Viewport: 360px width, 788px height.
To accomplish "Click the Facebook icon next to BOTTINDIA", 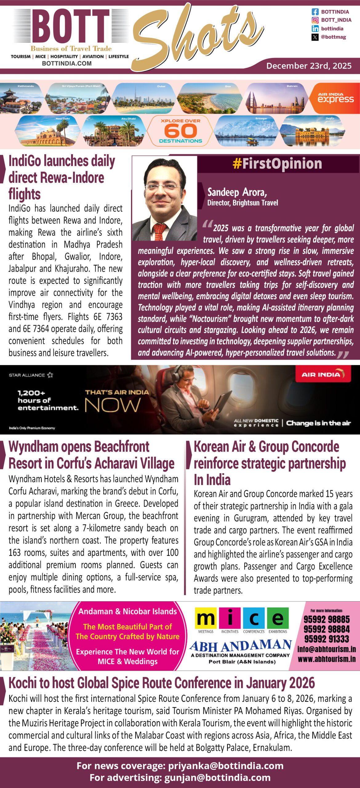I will tap(315, 12).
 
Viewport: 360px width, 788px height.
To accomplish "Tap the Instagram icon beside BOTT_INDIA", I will tap(315, 20).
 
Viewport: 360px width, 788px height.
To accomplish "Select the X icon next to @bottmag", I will tap(315, 37).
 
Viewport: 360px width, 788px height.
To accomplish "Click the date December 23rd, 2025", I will tap(309, 66).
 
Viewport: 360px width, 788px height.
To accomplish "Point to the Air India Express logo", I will tap(335, 98).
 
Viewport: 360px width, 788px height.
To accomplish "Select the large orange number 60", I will tap(180, 131).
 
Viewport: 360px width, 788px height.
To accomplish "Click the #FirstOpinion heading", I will tap(277, 163).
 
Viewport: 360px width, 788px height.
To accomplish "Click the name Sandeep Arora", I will tap(237, 192).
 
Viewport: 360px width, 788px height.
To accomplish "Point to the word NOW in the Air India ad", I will tap(112, 405).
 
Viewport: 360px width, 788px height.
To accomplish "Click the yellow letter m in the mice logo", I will tap(206, 618).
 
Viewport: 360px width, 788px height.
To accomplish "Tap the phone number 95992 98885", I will tap(326, 619).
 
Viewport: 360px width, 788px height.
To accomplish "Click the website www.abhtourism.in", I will tap(326, 659).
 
